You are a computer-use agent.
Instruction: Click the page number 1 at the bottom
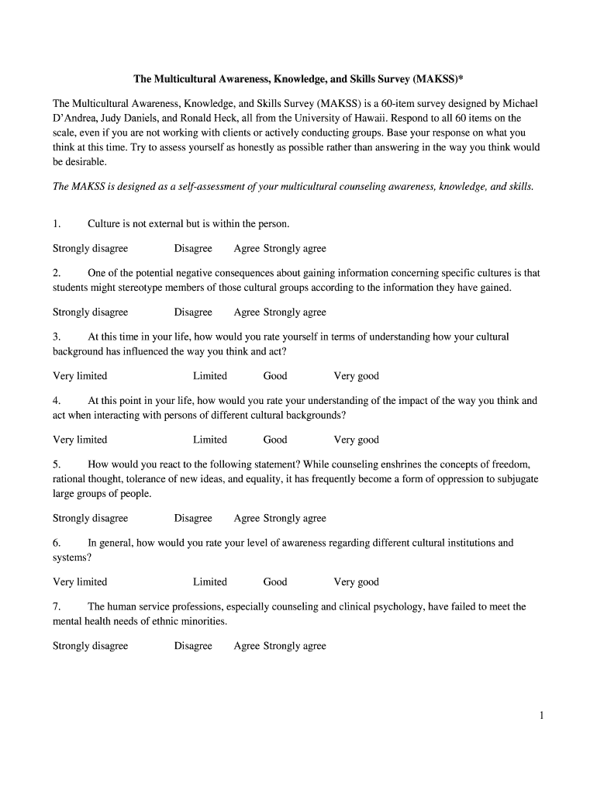pyautogui.click(x=541, y=716)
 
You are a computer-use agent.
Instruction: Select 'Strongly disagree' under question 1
pyautogui.click(x=90, y=249)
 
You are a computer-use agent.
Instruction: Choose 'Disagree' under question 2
pyautogui.click(x=193, y=312)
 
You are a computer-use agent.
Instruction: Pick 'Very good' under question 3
pyautogui.click(x=356, y=376)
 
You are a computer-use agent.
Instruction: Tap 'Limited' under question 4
pyautogui.click(x=210, y=440)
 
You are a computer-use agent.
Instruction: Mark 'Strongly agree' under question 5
pyautogui.click(x=295, y=519)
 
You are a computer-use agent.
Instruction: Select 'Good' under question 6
pyautogui.click(x=275, y=582)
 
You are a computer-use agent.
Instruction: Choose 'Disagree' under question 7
pyautogui.click(x=193, y=646)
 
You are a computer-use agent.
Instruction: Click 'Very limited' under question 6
pyautogui.click(x=80, y=582)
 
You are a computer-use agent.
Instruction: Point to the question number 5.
pyautogui.click(x=57, y=464)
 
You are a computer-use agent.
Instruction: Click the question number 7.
pyautogui.click(x=57, y=607)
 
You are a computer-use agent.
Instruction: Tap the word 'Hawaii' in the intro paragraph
pyautogui.click(x=364, y=119)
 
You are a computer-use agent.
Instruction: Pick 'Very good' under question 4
pyautogui.click(x=356, y=440)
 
